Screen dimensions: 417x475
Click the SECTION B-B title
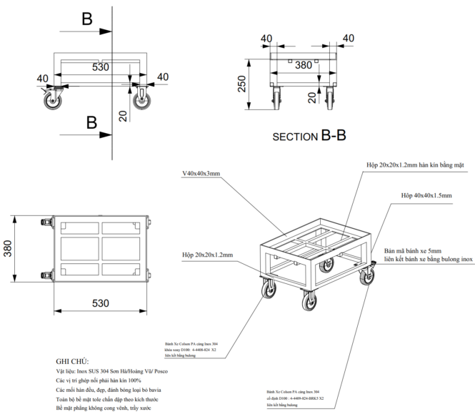point(309,135)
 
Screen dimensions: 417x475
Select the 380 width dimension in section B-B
point(303,65)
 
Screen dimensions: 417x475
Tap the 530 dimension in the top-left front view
point(100,67)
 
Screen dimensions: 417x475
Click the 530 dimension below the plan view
point(101,303)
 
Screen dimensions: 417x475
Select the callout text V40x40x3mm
point(200,173)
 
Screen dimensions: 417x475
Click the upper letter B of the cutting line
point(87,19)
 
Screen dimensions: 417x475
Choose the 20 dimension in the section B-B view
point(311,97)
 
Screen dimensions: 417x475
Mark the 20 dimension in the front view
point(123,116)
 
